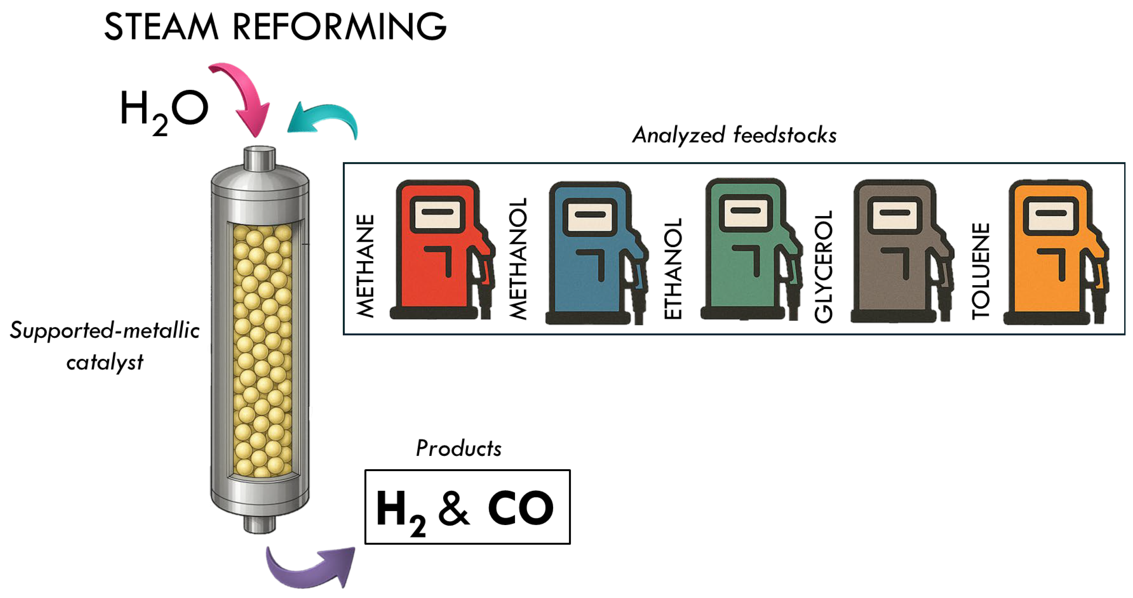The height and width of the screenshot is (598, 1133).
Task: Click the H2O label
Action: (164, 110)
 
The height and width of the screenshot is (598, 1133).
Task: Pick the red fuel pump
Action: (440, 250)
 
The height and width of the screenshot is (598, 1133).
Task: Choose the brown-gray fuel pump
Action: (897, 253)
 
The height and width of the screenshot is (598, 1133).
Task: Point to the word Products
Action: (458, 448)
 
